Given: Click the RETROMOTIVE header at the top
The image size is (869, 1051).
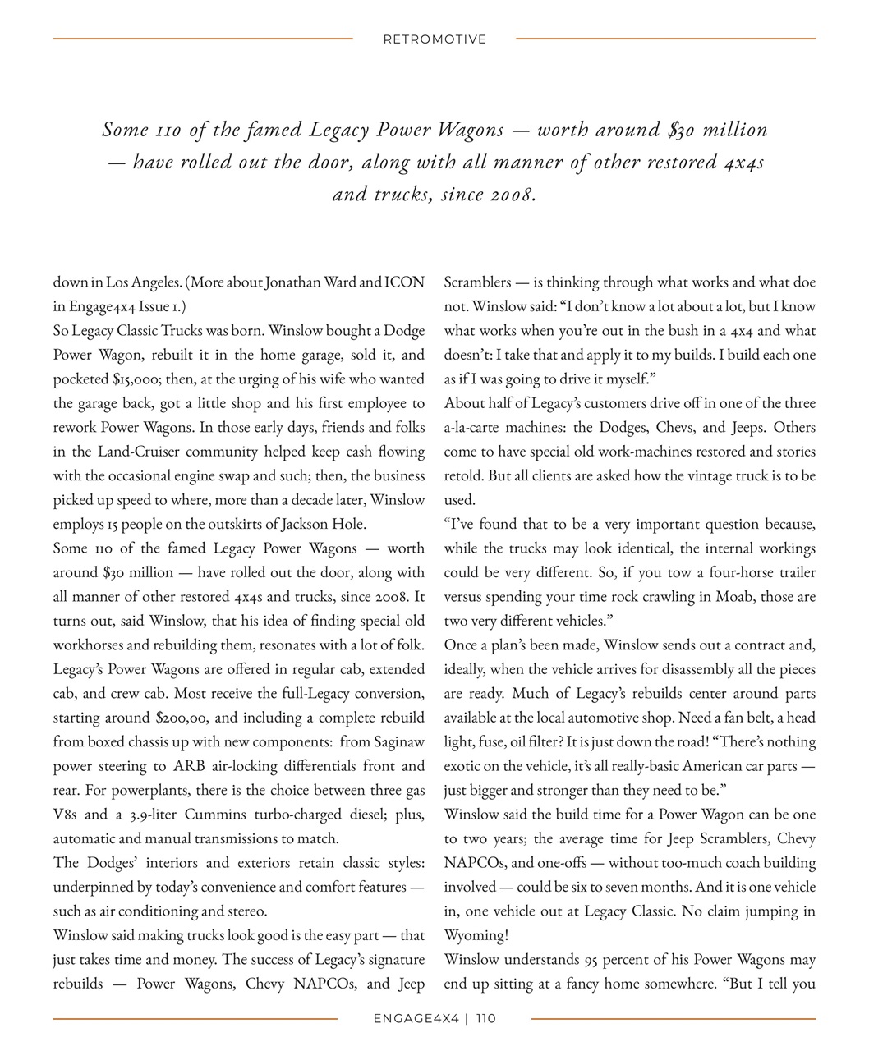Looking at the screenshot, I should coord(434,39).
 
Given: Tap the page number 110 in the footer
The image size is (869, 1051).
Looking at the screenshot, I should coord(485,1019).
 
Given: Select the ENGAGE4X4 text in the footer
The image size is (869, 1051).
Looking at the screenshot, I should coord(415,1019).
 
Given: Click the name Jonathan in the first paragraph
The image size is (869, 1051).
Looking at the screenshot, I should coord(293,282).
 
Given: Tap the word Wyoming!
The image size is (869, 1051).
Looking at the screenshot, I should coord(476,935).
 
